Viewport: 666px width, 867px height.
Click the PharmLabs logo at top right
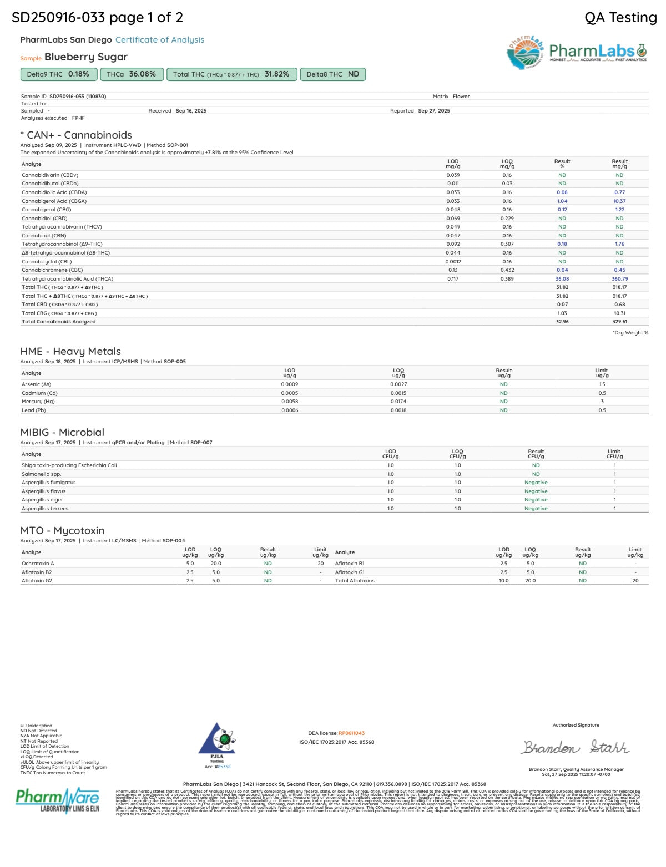[x=577, y=53]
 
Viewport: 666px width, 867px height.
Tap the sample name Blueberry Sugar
[x=86, y=57]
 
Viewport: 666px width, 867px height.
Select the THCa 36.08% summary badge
[x=132, y=74]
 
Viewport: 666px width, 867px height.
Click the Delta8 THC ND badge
[x=332, y=74]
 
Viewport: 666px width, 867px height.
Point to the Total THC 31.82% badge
[x=231, y=74]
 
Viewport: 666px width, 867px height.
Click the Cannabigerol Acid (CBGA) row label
[x=54, y=201]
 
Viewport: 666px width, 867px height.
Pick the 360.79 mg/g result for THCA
[x=619, y=279]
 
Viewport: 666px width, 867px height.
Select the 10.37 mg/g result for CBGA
[x=619, y=201]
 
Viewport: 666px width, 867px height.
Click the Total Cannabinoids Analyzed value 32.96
[x=562, y=322]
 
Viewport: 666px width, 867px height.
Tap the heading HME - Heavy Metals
[x=70, y=351]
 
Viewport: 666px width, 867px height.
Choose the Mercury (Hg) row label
[x=39, y=402]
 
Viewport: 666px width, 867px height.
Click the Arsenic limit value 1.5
[x=602, y=384]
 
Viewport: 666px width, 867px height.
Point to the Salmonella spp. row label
[x=42, y=474]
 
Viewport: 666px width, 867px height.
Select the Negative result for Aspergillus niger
[x=536, y=500]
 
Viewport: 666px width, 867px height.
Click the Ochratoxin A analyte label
[x=38, y=564]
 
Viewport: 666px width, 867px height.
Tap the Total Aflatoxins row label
[x=355, y=581]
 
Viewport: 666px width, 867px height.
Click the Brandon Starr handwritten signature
[x=575, y=748]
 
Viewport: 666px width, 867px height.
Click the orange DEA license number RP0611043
[x=351, y=733]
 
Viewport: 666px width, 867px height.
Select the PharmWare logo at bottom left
[x=58, y=800]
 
